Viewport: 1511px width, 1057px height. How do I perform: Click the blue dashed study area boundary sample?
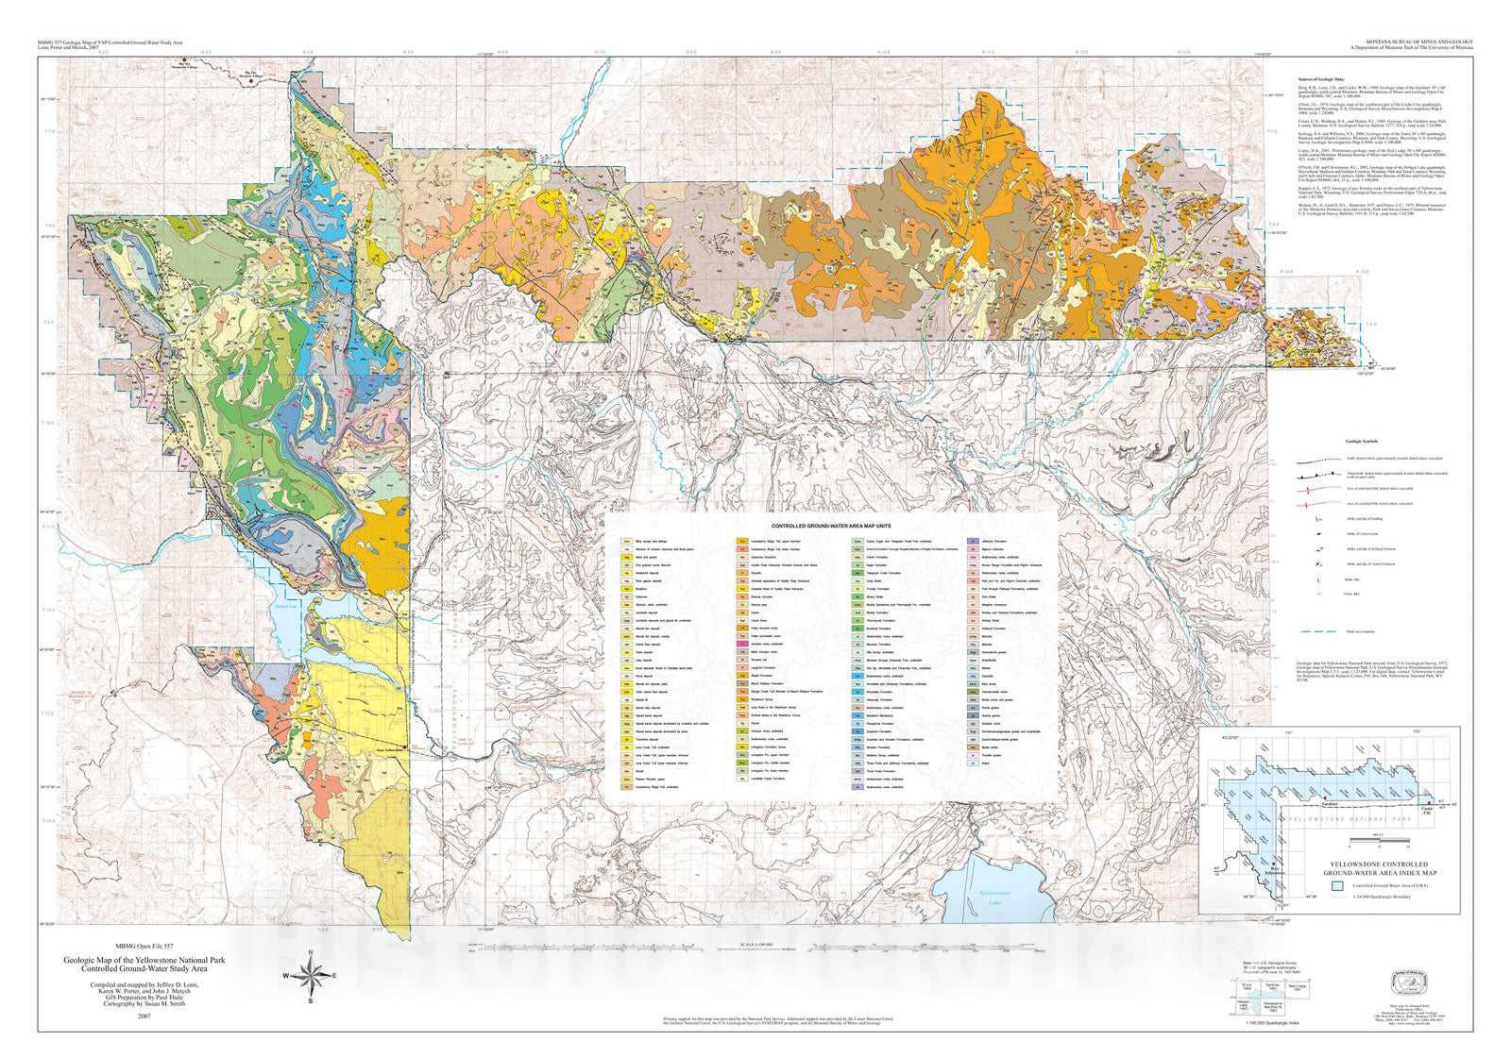pyautogui.click(x=1316, y=629)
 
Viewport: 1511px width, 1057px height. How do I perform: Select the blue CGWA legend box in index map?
pyautogui.click(x=1337, y=885)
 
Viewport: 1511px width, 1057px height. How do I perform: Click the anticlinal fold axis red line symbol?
pyautogui.click(x=1316, y=489)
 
